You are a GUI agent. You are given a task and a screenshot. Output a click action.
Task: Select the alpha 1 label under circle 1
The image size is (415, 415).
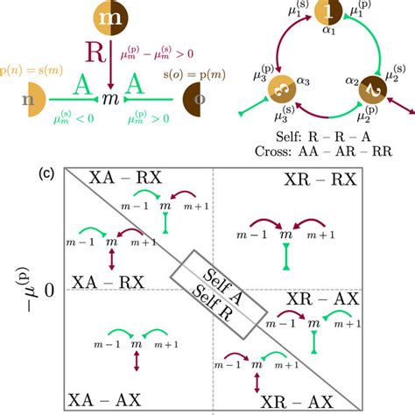point(327,36)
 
